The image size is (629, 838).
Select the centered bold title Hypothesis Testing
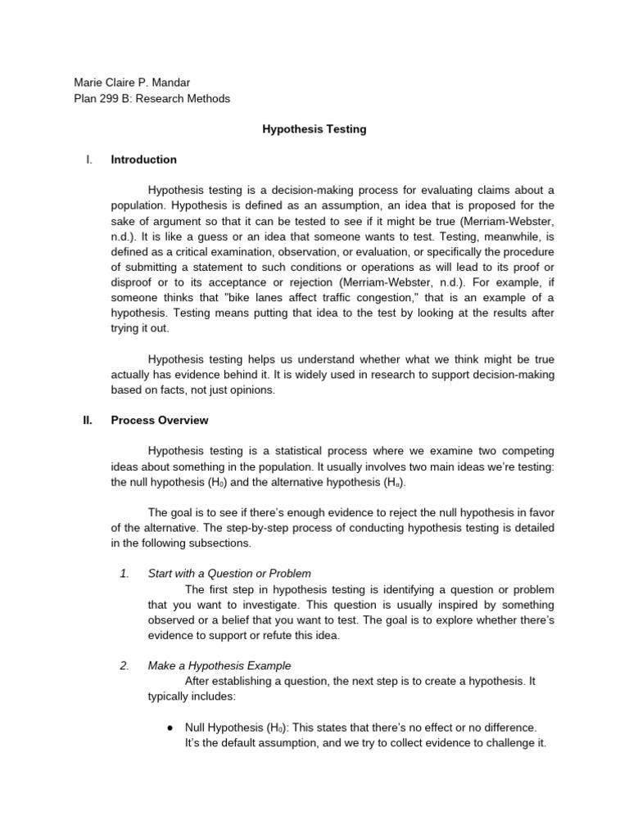point(314,129)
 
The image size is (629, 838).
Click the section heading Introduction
point(143,160)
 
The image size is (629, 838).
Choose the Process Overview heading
point(160,421)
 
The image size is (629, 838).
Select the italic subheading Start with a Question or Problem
point(229,574)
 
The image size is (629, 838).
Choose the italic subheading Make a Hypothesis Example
point(219,665)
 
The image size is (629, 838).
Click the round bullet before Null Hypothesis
point(169,727)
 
